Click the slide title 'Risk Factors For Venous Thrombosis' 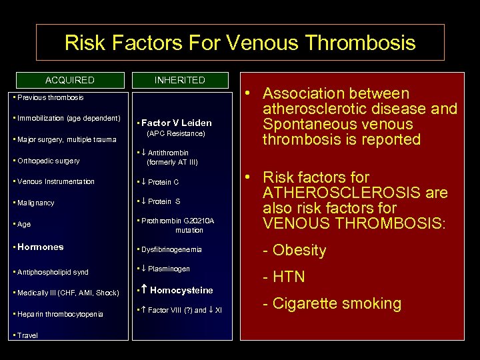point(240,43)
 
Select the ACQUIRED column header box point(70,80)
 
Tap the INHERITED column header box point(179,80)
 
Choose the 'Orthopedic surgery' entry point(47,161)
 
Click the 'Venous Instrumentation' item point(54,181)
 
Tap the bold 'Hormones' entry point(39,247)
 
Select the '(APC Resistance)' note point(175,133)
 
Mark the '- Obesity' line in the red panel point(294,251)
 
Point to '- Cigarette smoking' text point(331,304)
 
